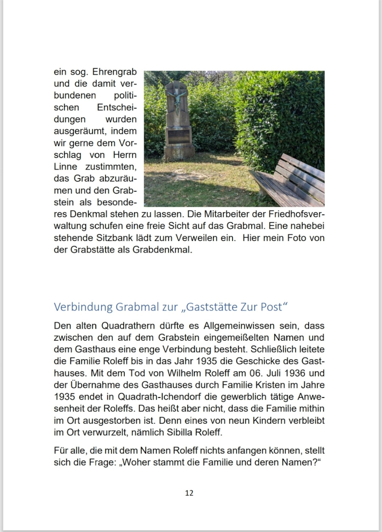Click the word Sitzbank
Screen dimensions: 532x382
[x=121, y=238]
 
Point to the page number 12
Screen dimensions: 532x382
[x=189, y=493]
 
